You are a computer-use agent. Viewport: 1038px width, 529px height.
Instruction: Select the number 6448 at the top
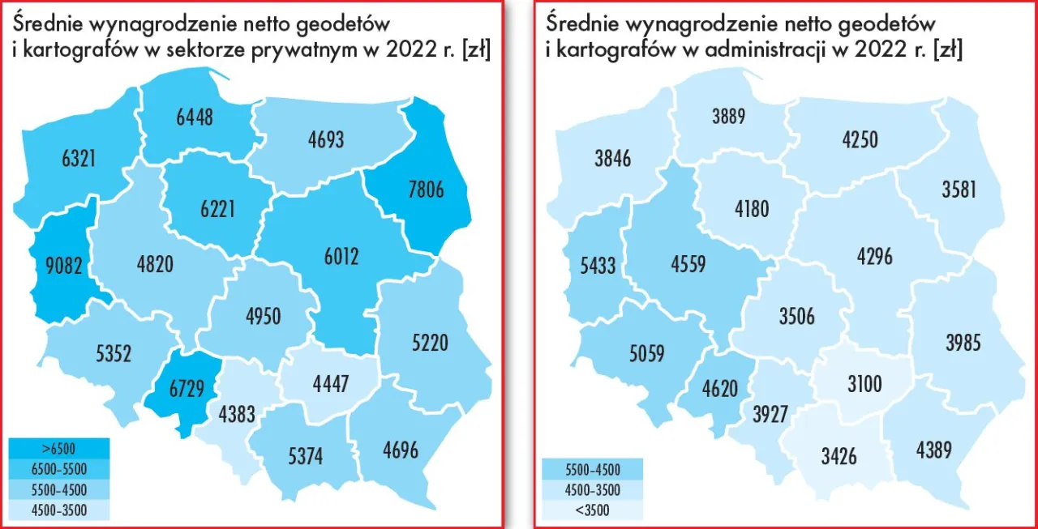pos(195,117)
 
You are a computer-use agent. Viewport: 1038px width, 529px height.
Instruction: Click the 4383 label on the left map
pos(237,415)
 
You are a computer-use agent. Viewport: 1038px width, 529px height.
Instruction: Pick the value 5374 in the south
pos(305,457)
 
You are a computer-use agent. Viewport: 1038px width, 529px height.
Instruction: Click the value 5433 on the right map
pos(594,265)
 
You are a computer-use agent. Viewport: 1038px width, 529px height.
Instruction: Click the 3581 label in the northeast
pos(959,190)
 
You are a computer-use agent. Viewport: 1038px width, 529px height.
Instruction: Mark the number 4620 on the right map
pos(716,388)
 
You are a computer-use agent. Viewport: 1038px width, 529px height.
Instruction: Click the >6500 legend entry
pos(58,447)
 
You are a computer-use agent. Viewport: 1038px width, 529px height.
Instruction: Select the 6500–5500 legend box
pos(58,468)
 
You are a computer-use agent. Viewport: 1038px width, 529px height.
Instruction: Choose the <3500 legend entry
pos(592,510)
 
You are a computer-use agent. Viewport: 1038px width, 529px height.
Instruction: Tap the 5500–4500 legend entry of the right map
pos(592,469)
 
